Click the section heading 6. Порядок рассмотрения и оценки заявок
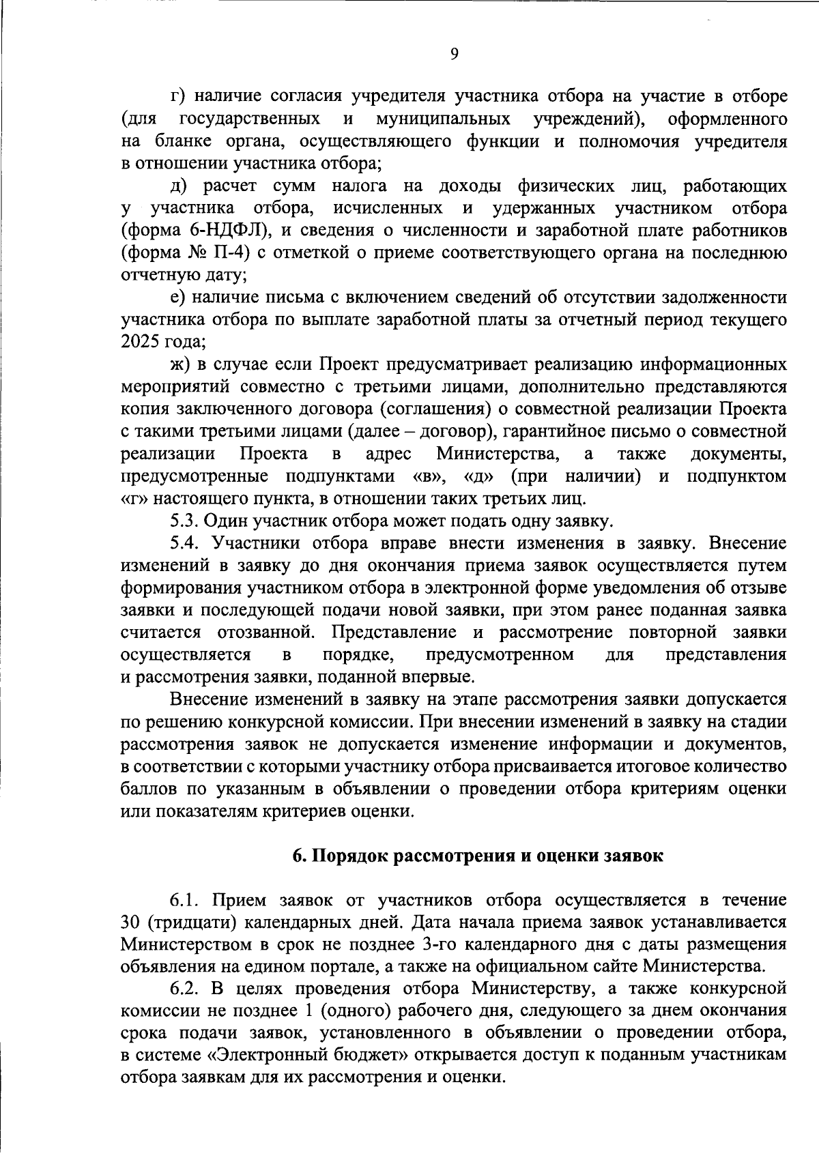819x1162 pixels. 477,856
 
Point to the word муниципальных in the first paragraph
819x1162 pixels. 443,119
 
